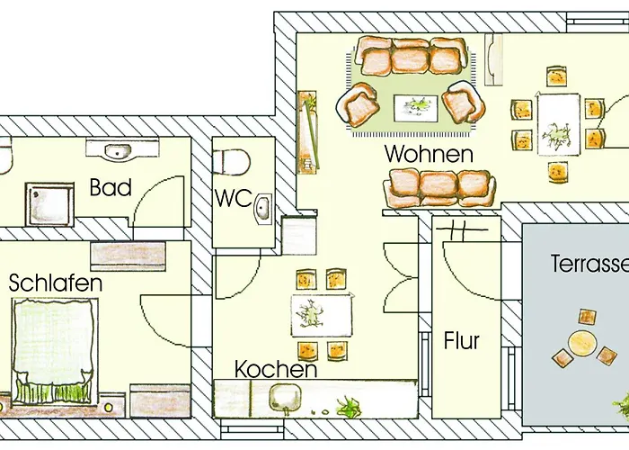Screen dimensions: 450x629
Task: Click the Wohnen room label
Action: tap(429, 154)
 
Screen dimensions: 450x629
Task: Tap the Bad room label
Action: tap(110, 188)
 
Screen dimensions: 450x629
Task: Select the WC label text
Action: tap(232, 197)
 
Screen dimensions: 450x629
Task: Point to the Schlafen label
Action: tap(56, 283)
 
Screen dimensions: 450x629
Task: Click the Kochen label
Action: tap(275, 369)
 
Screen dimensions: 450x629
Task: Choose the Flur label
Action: tap(461, 342)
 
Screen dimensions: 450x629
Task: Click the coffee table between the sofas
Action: tap(415, 106)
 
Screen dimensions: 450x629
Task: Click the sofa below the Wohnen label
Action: tap(440, 186)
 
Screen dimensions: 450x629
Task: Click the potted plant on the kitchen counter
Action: tap(346, 407)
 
